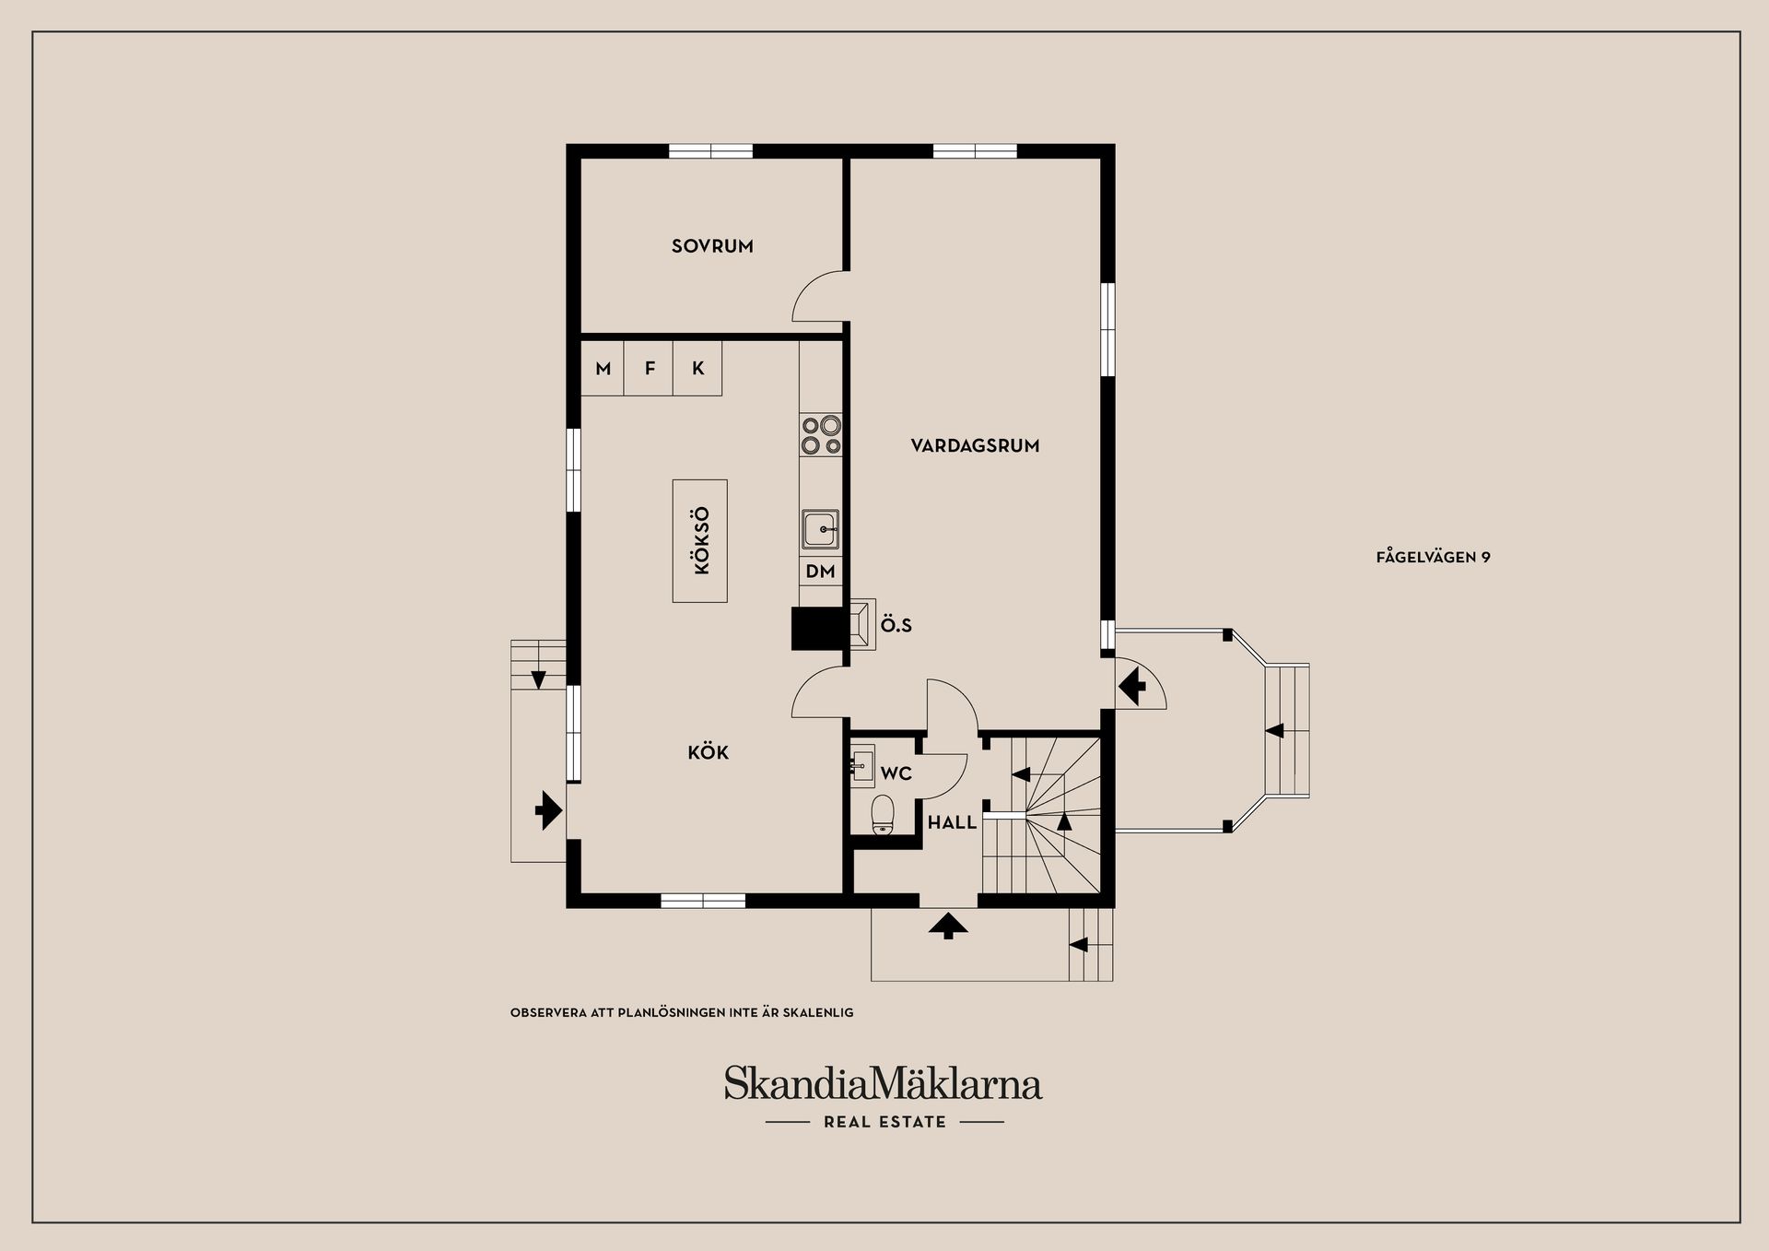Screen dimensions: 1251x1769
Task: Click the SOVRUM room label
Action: point(712,246)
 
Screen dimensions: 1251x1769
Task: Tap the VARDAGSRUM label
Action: point(975,446)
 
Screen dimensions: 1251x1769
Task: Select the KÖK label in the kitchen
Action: point(708,753)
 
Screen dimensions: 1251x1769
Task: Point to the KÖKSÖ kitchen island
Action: point(700,541)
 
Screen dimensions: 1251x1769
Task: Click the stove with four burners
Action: point(821,435)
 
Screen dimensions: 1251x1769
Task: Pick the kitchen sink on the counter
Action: point(820,530)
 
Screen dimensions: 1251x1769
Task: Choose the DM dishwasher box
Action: point(820,572)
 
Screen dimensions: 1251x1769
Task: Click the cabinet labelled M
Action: point(603,369)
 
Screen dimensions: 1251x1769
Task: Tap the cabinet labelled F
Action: point(650,369)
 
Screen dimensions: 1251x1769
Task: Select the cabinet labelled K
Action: point(697,369)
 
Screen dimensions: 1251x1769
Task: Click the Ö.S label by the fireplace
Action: point(896,625)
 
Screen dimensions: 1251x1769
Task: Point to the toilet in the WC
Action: point(883,813)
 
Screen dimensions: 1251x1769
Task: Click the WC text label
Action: point(896,773)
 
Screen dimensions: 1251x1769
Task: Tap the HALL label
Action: point(952,823)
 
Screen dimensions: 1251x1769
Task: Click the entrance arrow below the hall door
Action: point(948,926)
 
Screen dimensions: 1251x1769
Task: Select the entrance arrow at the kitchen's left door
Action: point(548,810)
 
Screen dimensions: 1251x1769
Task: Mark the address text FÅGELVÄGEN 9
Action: point(1433,557)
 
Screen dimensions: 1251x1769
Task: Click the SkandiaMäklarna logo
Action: point(883,1083)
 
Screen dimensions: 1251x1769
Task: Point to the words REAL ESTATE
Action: point(884,1122)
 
